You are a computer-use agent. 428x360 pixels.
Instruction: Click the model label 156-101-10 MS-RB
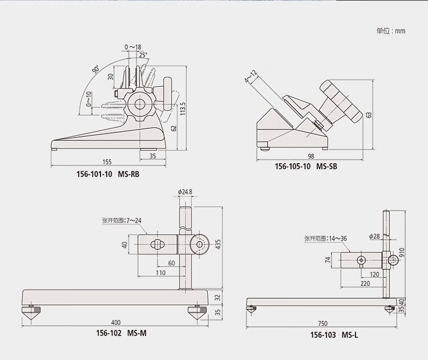click(108, 174)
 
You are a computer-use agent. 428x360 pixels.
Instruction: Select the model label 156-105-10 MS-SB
click(306, 166)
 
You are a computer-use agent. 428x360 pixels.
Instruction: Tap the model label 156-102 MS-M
click(121, 333)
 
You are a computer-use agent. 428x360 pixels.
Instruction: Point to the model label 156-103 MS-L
click(334, 335)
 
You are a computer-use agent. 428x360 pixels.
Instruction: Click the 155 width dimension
click(107, 162)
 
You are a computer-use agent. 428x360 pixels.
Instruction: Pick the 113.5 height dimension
click(183, 108)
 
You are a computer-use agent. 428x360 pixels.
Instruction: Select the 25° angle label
click(143, 55)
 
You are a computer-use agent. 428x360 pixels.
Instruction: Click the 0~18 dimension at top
click(133, 47)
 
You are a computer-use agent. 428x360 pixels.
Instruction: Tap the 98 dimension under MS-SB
click(311, 156)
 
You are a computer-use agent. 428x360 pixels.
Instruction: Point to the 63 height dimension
click(369, 115)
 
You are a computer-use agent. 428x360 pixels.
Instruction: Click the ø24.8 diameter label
click(185, 192)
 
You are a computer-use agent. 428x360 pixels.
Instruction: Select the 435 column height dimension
click(217, 244)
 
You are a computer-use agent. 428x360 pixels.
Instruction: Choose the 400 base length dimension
click(116, 322)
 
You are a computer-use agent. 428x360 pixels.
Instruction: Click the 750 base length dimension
click(322, 323)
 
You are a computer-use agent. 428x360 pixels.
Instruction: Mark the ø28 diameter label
click(374, 236)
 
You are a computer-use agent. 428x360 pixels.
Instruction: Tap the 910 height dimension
click(401, 253)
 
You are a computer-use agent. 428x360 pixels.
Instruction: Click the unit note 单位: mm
click(391, 31)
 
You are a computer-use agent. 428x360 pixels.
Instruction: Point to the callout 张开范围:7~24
click(122, 220)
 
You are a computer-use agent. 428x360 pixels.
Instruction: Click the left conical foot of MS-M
click(31, 313)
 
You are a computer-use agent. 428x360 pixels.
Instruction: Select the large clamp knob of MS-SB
click(341, 101)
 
